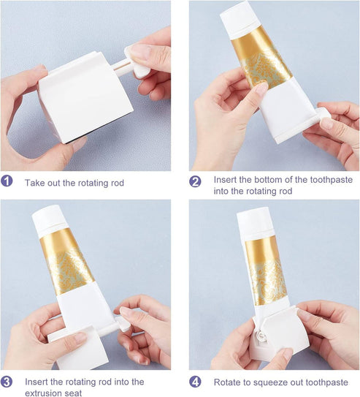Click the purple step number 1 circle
7,181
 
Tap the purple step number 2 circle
195,181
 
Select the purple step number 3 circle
7,382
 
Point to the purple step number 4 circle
195,382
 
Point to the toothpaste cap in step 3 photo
50,220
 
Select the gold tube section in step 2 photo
261,58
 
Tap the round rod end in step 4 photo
261,336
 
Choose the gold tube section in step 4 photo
266,271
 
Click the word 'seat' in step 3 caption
74,393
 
